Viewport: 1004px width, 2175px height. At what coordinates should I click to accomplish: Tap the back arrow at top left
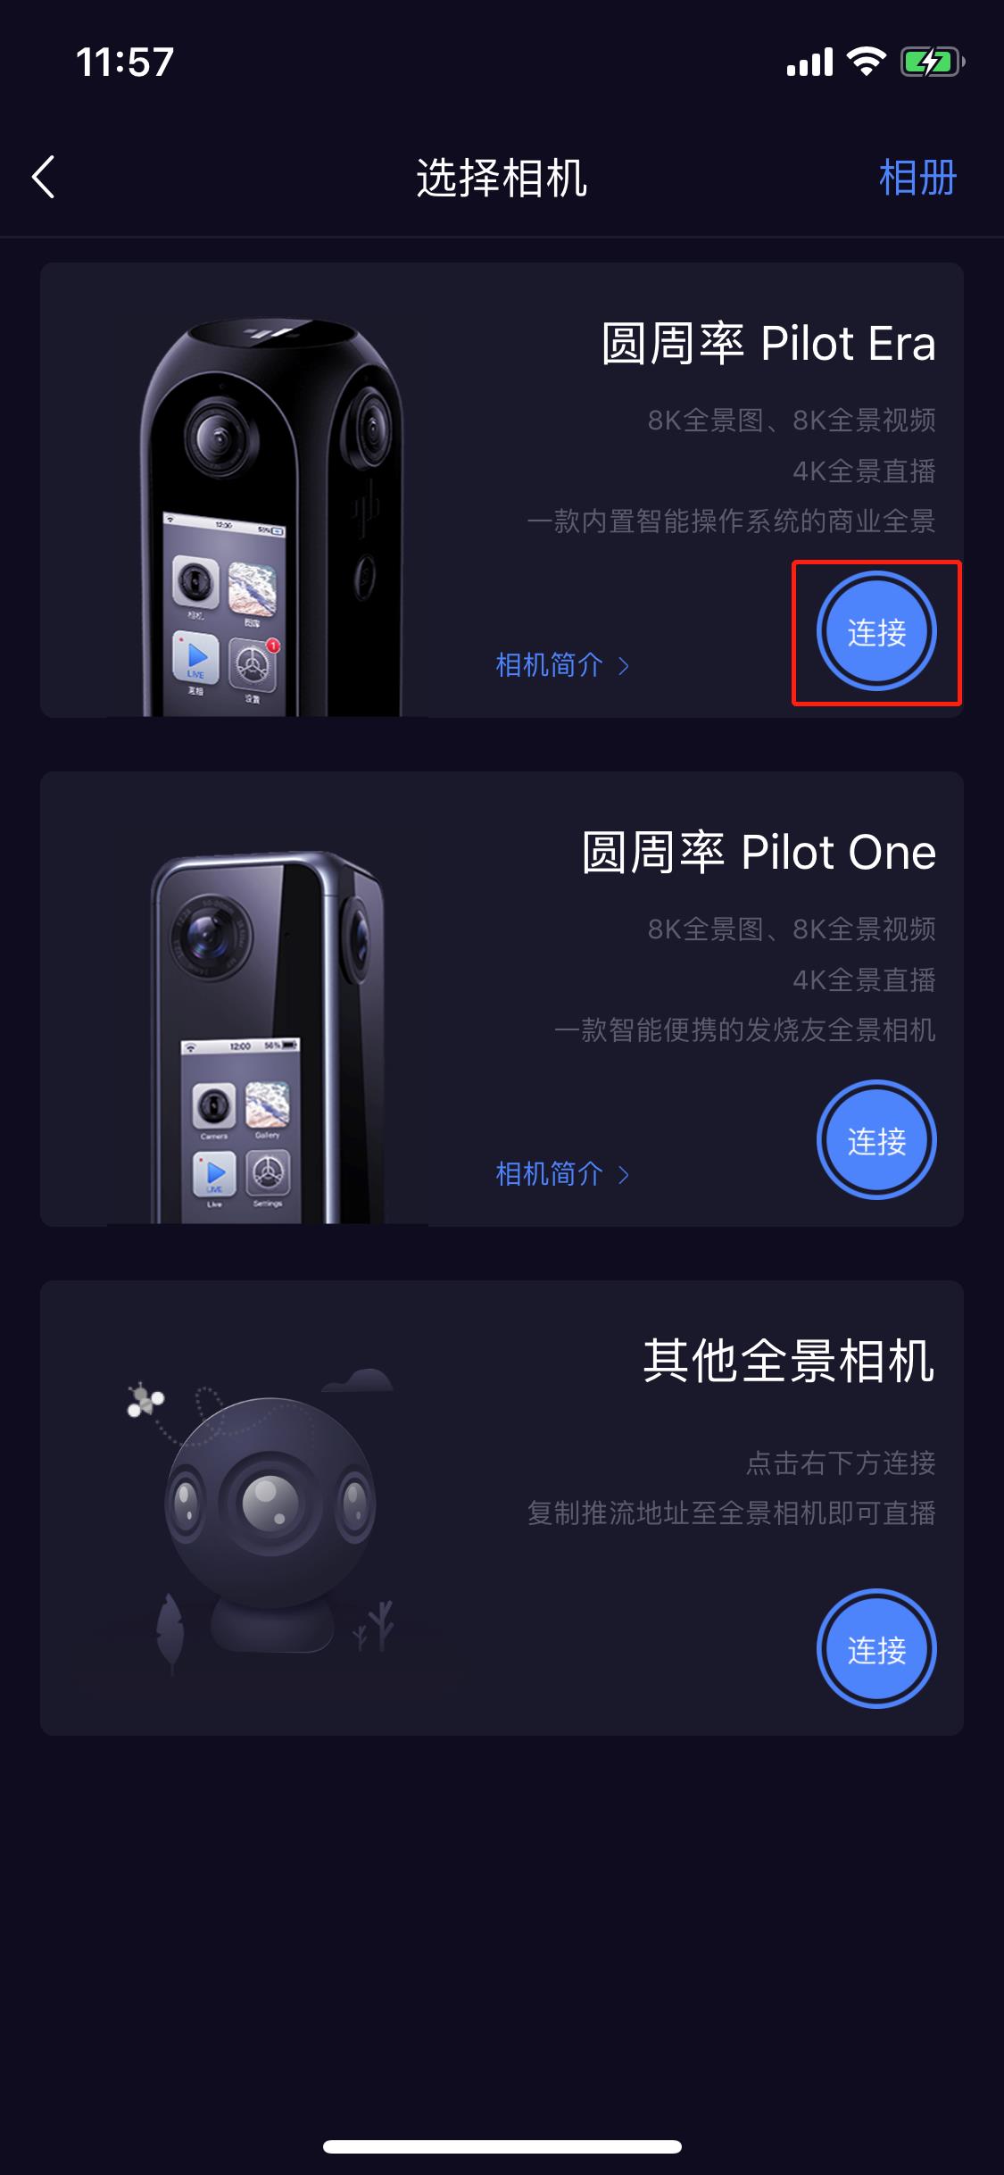[44, 177]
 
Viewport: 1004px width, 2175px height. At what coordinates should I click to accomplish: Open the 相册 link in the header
[917, 178]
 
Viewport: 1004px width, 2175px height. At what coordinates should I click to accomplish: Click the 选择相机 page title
[502, 178]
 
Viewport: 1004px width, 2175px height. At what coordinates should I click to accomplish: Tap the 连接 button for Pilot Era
[876, 632]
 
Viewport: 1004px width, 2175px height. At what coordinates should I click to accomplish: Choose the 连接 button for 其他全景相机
[876, 1650]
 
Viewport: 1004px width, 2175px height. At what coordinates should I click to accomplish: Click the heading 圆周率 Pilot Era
[768, 344]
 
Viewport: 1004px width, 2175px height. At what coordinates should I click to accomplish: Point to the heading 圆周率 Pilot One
[759, 853]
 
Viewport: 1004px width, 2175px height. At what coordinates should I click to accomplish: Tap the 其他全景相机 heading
[789, 1362]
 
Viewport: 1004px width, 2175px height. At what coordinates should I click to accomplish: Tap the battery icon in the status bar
[931, 62]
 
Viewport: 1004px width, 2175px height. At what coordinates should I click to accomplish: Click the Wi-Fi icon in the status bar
[866, 62]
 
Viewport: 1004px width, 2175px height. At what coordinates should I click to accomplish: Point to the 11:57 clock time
[125, 62]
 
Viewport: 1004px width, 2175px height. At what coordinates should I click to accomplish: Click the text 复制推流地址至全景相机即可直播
[731, 1513]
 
